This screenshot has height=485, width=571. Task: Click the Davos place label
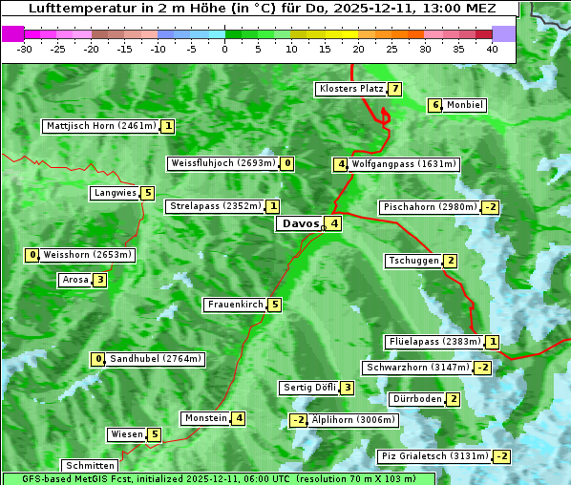pos(300,224)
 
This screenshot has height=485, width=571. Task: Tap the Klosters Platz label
pos(350,89)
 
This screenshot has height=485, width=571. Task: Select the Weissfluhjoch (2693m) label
pos(222,163)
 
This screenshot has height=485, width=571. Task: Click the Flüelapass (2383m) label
pos(433,341)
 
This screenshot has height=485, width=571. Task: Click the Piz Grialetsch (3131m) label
pos(434,456)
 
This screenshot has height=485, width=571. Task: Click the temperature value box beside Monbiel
pos(434,105)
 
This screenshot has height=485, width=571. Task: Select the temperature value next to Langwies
pos(147,193)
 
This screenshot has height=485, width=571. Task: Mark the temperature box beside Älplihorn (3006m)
pos(298,420)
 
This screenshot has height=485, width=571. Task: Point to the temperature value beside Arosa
pos(99,280)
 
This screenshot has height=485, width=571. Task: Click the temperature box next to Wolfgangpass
pos(340,164)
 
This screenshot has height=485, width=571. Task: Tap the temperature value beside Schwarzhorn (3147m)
pos(483,368)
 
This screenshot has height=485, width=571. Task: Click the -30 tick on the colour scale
pos(26,49)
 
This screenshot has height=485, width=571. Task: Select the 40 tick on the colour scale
pos(492,49)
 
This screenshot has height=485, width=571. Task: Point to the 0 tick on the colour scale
pos(225,49)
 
